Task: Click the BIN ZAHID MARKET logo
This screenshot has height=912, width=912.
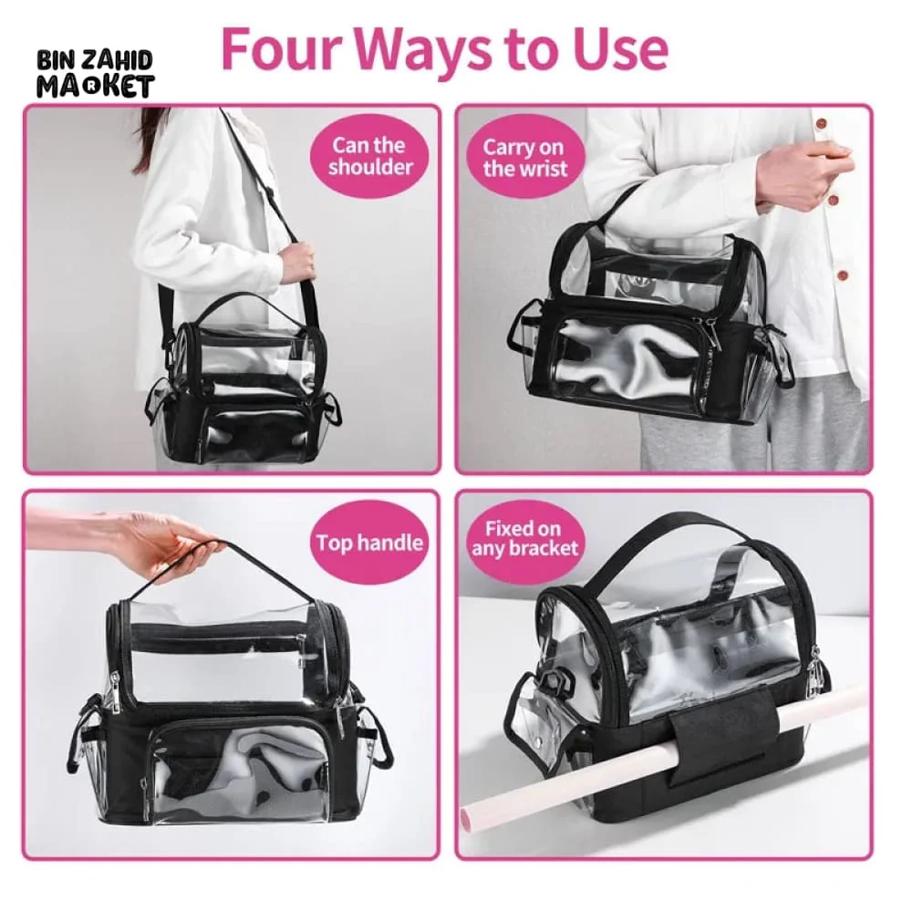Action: tap(95, 74)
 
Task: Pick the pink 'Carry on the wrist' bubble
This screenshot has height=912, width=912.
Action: tap(524, 157)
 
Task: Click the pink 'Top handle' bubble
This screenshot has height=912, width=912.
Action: tap(369, 544)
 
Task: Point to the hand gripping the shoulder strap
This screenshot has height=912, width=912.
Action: tap(297, 261)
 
